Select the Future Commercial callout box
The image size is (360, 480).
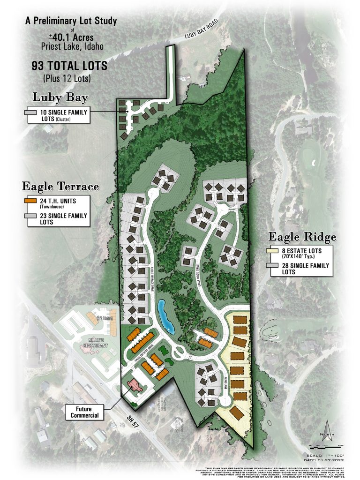(x=84, y=412)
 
